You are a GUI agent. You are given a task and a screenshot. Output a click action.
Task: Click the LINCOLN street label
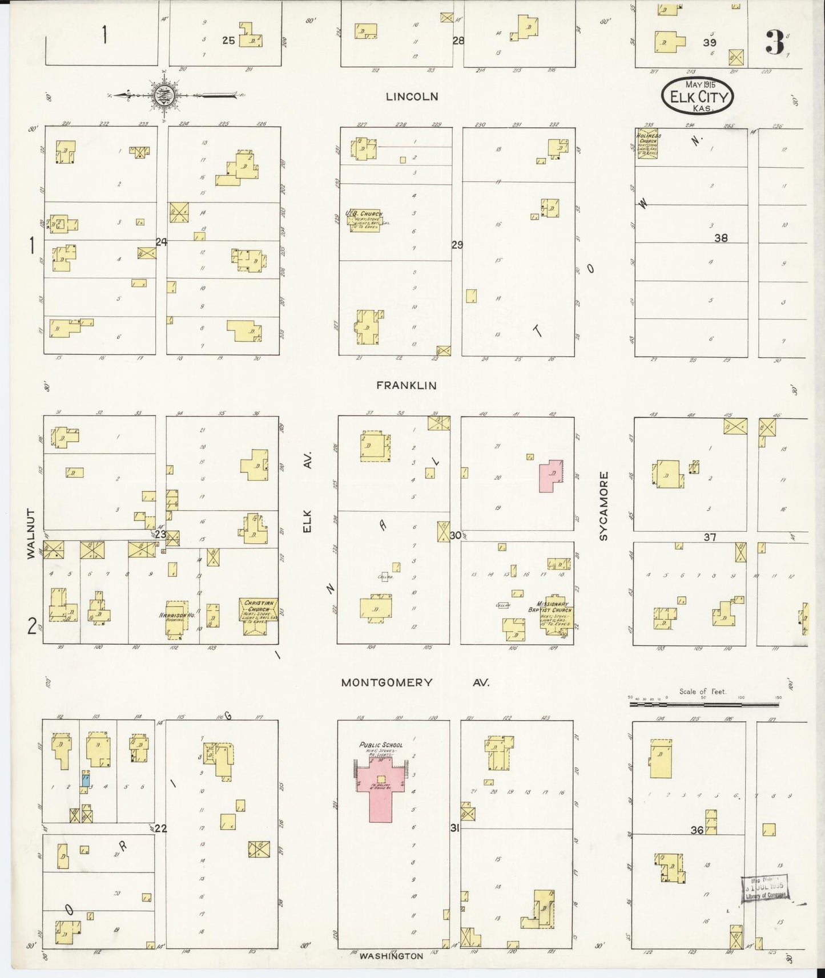[412, 97]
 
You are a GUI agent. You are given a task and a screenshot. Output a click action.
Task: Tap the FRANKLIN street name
[406, 386]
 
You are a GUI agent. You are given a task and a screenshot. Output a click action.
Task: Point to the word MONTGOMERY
[387, 682]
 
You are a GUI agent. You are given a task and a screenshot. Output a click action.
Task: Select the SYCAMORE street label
[604, 506]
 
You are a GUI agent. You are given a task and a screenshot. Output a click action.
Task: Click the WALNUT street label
[31, 533]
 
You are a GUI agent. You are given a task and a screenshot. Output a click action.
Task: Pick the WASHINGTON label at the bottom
[391, 956]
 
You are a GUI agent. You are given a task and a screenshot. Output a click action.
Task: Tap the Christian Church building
[259, 611]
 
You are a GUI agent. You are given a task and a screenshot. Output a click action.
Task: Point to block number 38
[721, 238]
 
